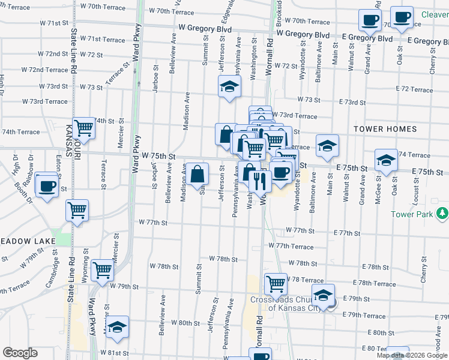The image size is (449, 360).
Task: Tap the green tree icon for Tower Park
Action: [x=443, y=213]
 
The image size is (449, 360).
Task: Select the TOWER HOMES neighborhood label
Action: [x=385, y=129]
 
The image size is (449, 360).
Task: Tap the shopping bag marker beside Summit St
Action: [x=197, y=175]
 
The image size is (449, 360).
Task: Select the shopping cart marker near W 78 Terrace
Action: [x=276, y=283]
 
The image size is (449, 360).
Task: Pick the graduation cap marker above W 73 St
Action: [x=229, y=87]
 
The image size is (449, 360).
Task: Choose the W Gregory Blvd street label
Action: [x=205, y=28]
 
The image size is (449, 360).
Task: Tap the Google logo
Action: [x=20, y=353]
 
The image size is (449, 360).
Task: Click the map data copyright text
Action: [x=411, y=355]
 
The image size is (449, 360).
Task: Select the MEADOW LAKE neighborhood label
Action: [x=28, y=241]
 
